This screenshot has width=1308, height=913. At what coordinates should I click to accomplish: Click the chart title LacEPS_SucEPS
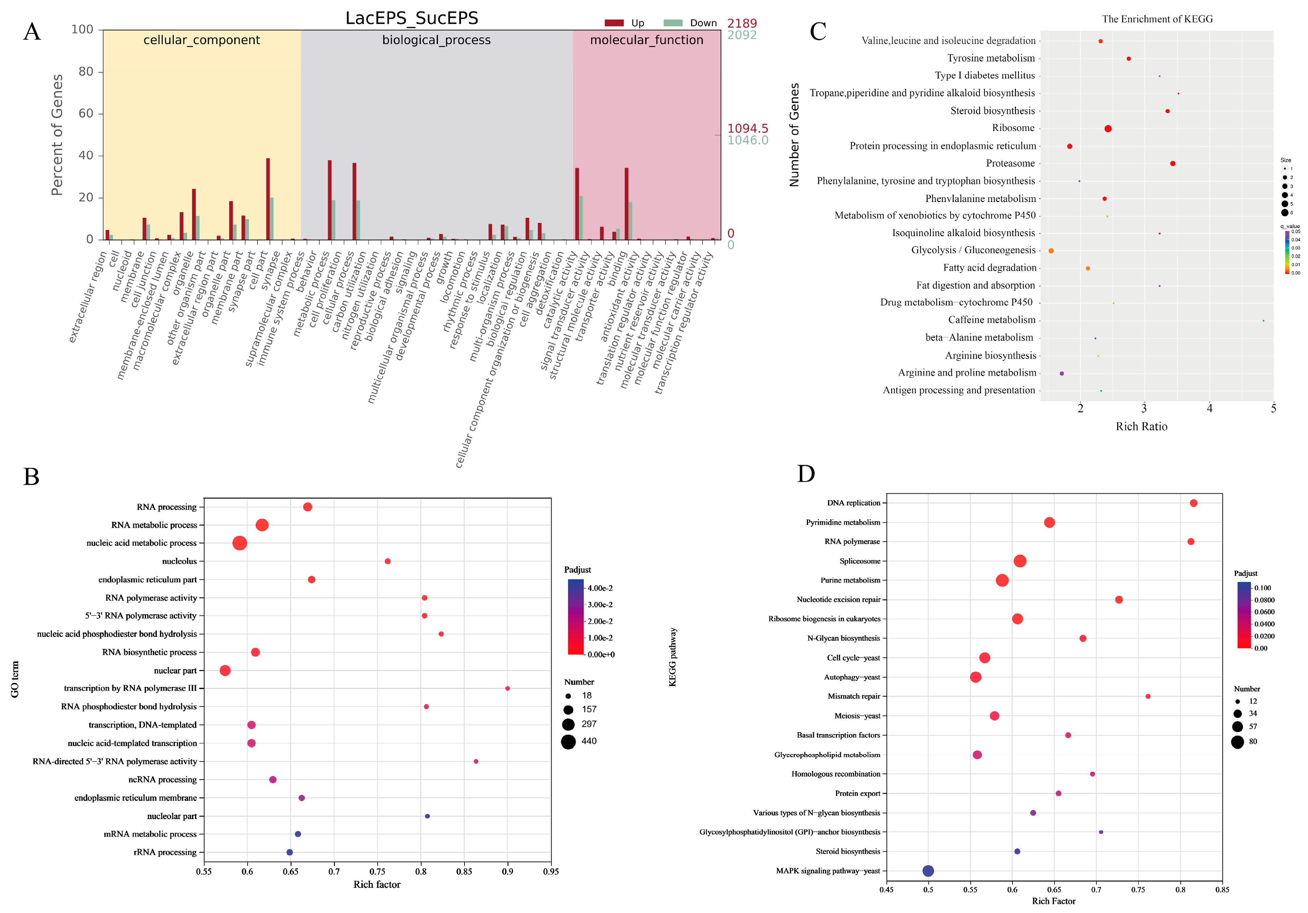click(411, 18)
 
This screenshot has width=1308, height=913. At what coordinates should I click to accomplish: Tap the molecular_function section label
click(646, 40)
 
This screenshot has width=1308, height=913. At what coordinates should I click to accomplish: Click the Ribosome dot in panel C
click(1108, 129)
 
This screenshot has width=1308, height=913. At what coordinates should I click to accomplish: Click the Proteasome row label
click(1010, 163)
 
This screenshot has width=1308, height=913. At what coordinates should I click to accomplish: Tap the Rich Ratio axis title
click(1141, 427)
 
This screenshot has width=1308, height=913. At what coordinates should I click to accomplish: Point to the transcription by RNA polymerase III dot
click(507, 689)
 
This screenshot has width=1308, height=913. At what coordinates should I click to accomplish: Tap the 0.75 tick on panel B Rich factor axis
click(377, 871)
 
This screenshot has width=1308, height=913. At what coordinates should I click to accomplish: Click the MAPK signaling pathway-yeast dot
click(928, 871)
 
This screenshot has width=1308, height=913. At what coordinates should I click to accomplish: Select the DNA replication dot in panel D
click(1193, 503)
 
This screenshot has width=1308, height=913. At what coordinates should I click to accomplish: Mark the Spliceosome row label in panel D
click(860, 561)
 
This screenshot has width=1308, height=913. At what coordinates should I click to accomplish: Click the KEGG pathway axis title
click(673, 657)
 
